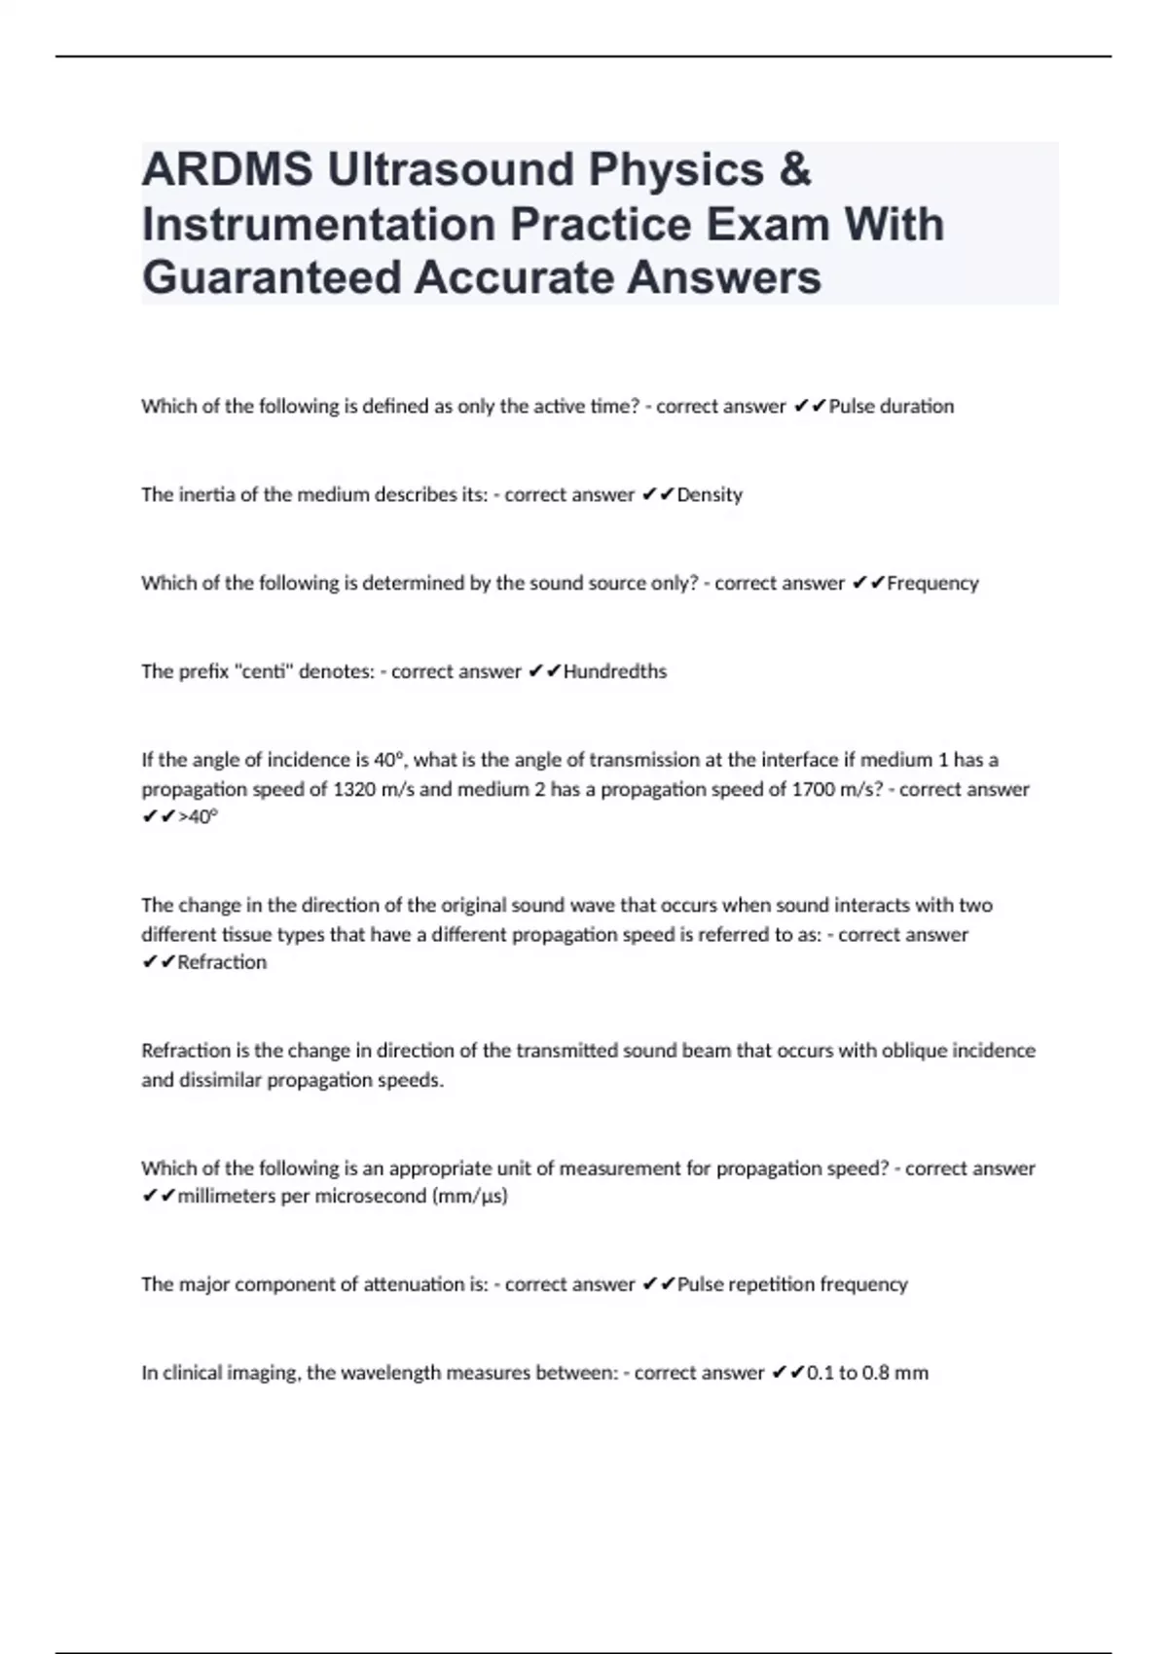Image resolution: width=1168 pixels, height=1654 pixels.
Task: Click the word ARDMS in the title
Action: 227,169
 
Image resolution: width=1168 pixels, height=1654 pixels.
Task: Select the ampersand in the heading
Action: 795,169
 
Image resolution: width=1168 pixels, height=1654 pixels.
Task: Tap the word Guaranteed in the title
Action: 272,277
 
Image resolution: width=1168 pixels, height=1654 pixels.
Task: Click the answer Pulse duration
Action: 891,407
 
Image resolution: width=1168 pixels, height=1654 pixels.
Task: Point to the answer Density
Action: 710,494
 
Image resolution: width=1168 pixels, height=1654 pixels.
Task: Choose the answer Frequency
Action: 932,583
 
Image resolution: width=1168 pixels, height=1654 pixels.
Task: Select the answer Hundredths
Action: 615,671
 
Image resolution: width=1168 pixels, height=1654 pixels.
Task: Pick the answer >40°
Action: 199,817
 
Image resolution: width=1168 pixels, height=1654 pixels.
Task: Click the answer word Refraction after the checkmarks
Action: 222,962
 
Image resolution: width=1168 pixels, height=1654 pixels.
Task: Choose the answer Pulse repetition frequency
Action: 792,1284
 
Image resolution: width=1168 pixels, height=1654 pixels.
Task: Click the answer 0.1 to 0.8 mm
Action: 867,1373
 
